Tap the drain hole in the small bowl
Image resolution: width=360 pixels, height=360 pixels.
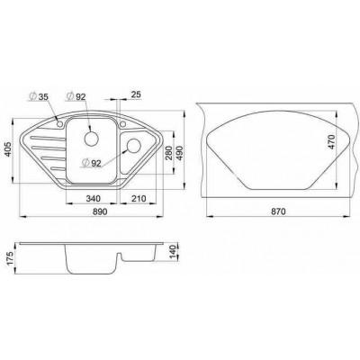(134, 146)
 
